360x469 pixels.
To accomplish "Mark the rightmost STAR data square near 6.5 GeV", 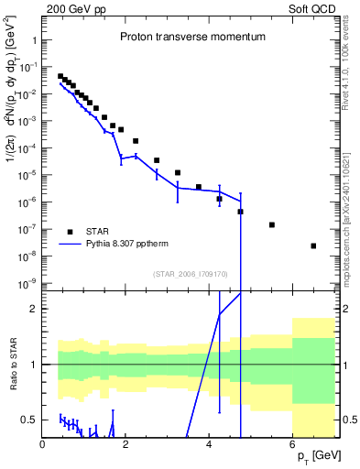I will (x=313, y=245).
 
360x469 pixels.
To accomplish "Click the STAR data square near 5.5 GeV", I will (x=272, y=224).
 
